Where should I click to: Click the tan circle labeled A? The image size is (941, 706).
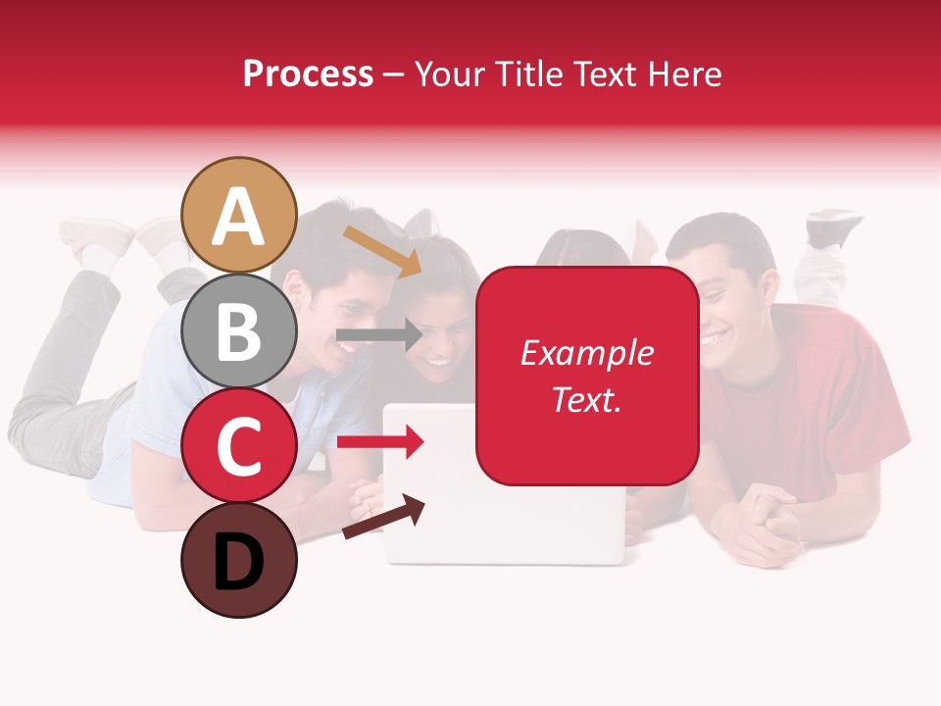pyautogui.click(x=239, y=215)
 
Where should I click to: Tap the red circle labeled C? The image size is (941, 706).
pyautogui.click(x=239, y=445)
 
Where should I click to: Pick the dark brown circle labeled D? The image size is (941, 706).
pyautogui.click(x=239, y=560)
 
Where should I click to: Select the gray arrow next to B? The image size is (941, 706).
pyautogui.click(x=378, y=335)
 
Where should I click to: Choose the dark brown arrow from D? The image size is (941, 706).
pyautogui.click(x=383, y=518)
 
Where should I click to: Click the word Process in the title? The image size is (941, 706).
pyautogui.click(x=308, y=74)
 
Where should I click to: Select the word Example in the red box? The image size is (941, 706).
pyautogui.click(x=586, y=353)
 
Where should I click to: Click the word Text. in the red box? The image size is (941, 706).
pyautogui.click(x=586, y=399)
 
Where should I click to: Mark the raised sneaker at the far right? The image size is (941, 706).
pyautogui.click(x=833, y=227)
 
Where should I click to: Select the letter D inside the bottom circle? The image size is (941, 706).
pyautogui.click(x=239, y=562)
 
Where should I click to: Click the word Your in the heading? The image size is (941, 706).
pyautogui.click(x=454, y=74)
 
